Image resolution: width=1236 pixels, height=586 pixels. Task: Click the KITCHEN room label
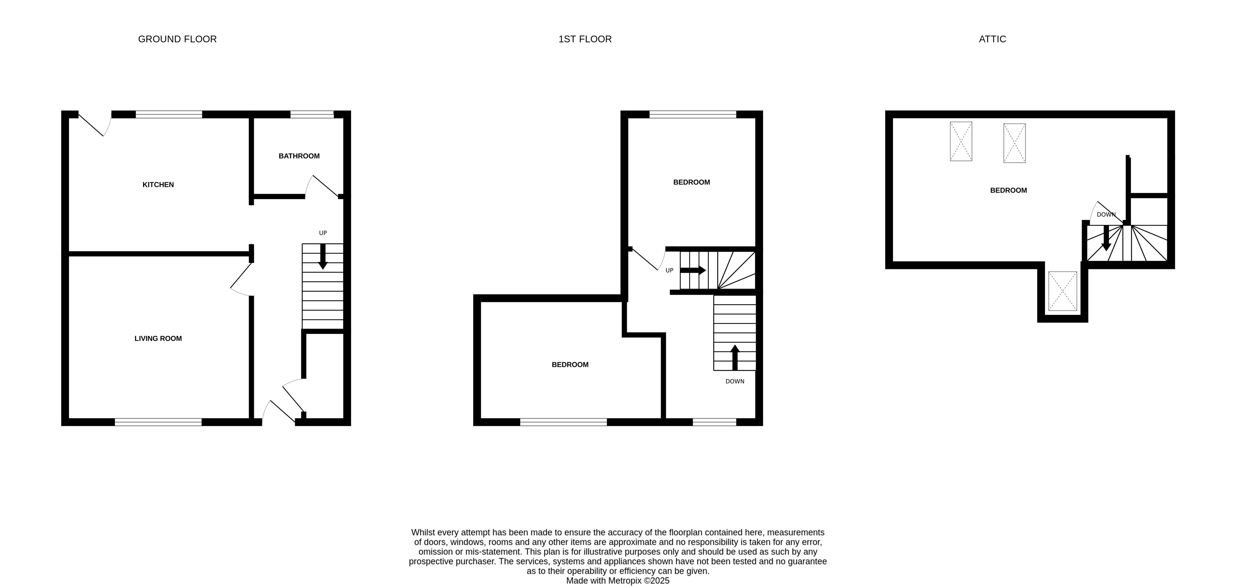[158, 185]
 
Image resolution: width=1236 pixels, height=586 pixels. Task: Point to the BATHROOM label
[299, 156]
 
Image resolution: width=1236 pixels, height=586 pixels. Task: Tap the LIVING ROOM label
[158, 338]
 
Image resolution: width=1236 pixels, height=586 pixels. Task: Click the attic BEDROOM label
[1008, 190]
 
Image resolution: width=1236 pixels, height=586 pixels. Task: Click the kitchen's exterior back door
[93, 125]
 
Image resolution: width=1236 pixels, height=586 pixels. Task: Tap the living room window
[158, 422]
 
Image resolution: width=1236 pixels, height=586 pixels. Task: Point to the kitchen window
[168, 114]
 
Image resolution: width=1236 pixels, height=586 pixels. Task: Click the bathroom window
[312, 114]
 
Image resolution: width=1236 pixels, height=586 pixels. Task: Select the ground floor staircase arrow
[323, 256]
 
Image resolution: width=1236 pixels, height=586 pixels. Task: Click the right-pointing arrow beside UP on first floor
[693, 270]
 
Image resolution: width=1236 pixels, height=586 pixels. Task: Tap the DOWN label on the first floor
[734, 381]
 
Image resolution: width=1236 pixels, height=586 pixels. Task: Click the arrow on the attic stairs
[1106, 238]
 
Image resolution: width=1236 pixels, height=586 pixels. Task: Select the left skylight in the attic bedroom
[961, 141]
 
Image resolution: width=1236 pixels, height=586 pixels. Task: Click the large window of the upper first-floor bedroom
[693, 114]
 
